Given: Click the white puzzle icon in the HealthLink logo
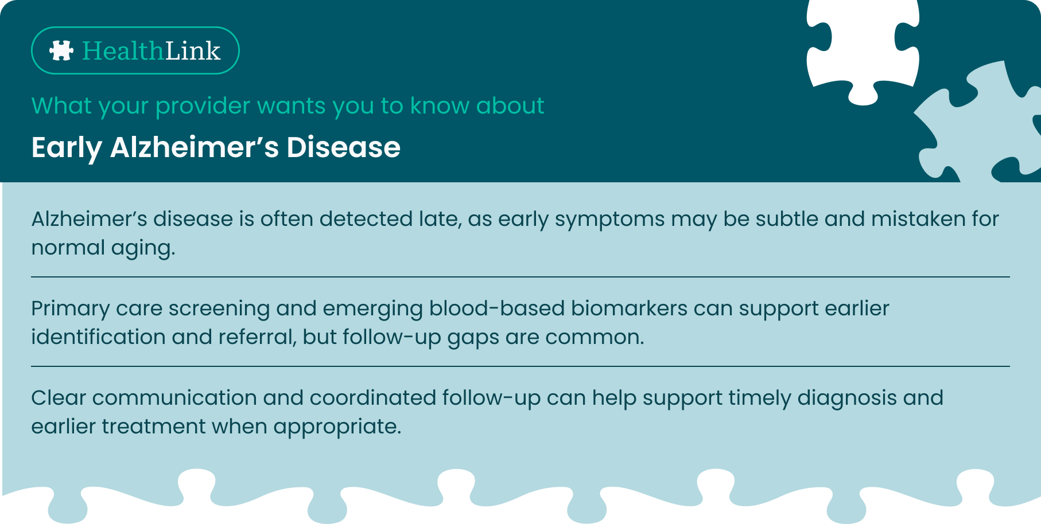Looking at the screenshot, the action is point(61,50).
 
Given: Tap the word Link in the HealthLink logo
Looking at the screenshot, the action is point(193,50).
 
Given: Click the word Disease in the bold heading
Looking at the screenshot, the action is point(343,147).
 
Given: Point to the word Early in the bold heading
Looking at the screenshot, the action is point(67,148).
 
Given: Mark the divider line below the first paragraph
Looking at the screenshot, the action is point(520,277).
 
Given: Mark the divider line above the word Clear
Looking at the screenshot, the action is point(520,366).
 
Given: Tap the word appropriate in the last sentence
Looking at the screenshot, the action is point(337,428).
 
